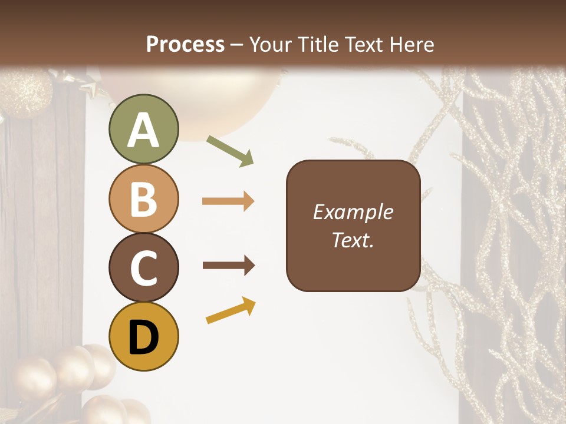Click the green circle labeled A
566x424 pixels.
(x=143, y=129)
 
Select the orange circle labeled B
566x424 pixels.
(x=143, y=198)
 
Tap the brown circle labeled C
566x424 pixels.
(x=143, y=267)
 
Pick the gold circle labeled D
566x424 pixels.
(x=143, y=336)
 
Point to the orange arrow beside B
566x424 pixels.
(x=228, y=201)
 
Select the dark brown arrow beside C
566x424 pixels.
(x=228, y=266)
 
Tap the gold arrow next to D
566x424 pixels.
(x=231, y=310)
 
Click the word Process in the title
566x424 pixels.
(x=185, y=44)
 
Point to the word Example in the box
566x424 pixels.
(x=353, y=212)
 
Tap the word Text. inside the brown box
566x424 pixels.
(x=353, y=240)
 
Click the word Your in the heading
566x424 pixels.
(x=272, y=44)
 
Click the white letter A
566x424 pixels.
(x=143, y=131)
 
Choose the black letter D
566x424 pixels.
(x=143, y=338)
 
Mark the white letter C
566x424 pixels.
(x=143, y=269)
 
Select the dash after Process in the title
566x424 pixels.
(x=237, y=45)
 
